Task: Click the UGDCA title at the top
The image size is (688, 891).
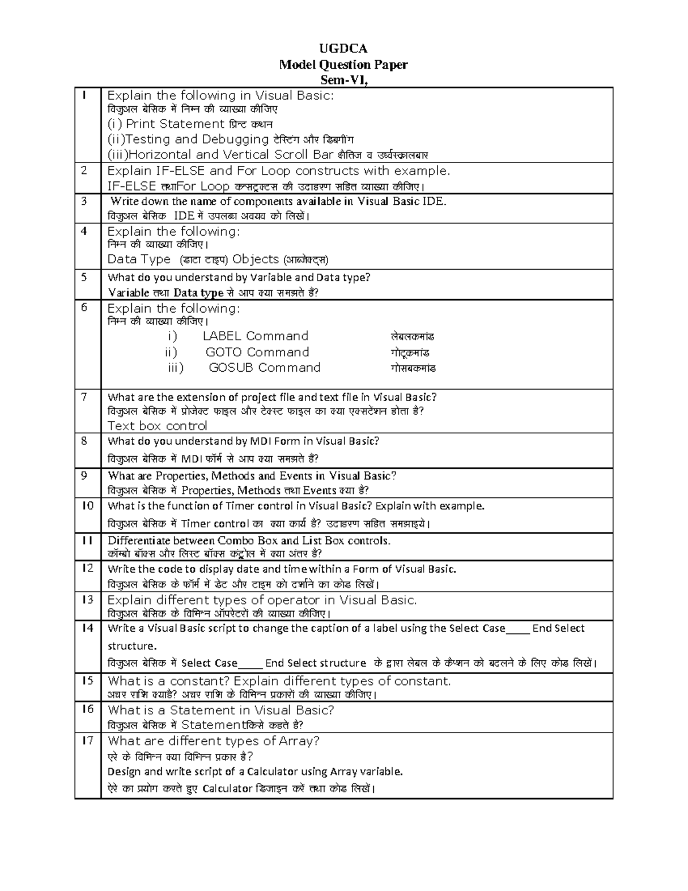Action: [x=343, y=48]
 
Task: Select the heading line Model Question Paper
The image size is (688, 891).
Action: [x=343, y=64]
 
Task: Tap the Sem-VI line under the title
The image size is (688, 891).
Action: [x=343, y=80]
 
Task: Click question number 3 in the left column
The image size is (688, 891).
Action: [x=84, y=201]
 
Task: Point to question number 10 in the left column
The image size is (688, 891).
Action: [x=87, y=505]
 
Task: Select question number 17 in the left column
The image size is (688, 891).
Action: [x=87, y=740]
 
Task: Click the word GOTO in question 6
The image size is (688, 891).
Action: [x=224, y=352]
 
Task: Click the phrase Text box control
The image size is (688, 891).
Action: [x=157, y=426]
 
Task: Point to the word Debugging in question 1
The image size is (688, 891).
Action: [x=235, y=139]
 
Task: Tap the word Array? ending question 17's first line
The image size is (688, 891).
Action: [x=299, y=741]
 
